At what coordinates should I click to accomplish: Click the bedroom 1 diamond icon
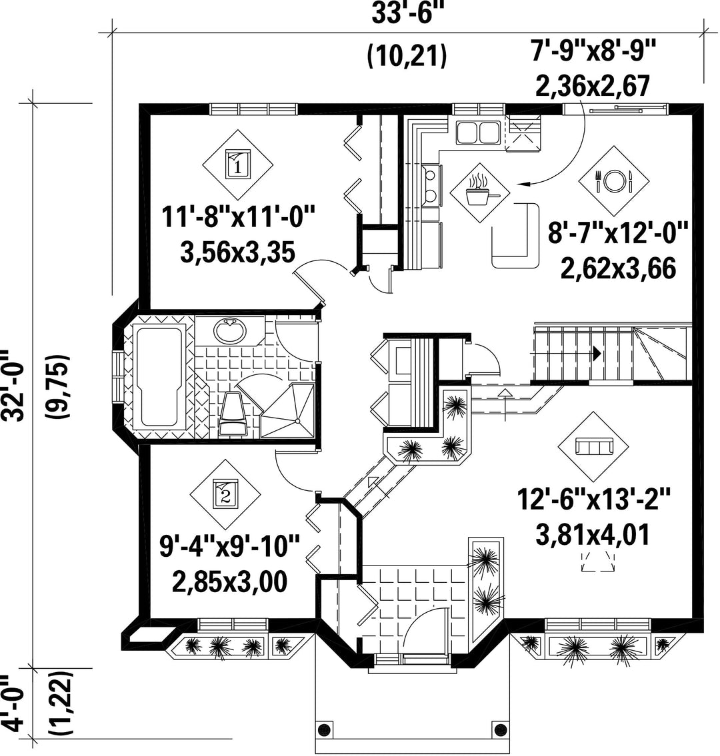[x=237, y=165]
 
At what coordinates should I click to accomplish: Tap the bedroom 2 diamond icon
[x=225, y=494]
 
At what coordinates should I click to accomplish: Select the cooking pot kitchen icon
[x=479, y=192]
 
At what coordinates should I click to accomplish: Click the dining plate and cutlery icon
[x=614, y=181]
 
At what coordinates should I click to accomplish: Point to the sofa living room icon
[x=593, y=446]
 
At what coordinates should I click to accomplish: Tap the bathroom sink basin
[x=230, y=330]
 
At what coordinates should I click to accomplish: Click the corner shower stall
[x=288, y=410]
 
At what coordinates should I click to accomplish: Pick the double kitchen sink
[x=477, y=133]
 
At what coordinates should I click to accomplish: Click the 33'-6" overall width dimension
[x=407, y=15]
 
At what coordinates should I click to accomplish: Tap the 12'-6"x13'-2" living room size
[x=593, y=499]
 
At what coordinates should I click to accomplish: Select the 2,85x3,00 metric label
[x=230, y=581]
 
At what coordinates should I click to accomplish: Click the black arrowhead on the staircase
[x=597, y=354]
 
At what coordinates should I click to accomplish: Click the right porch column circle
[x=497, y=728]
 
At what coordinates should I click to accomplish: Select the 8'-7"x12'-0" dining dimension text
[x=618, y=235]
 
